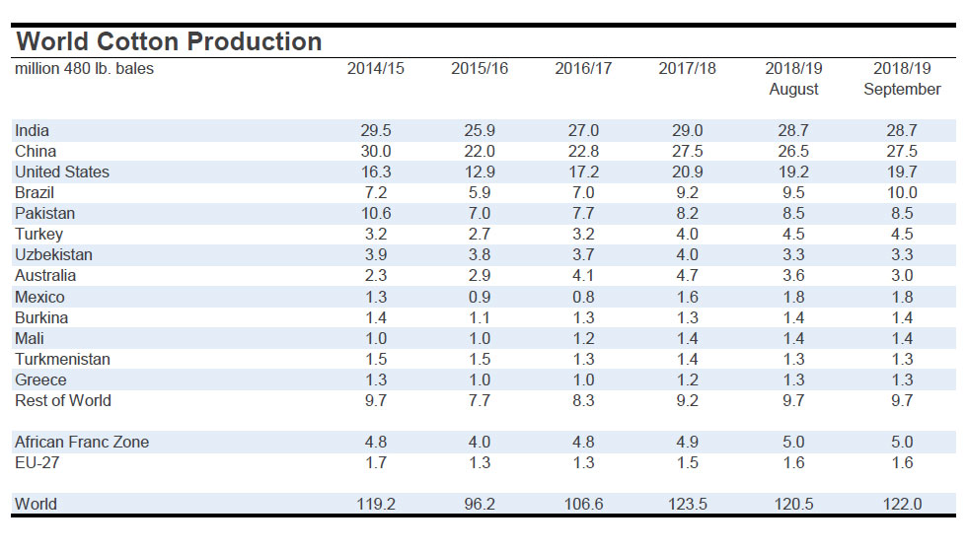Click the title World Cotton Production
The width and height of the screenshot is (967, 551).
tap(169, 41)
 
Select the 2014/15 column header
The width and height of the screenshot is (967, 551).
tap(375, 69)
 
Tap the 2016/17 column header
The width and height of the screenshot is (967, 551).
tap(583, 69)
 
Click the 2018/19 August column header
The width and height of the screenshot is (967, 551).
tap(793, 79)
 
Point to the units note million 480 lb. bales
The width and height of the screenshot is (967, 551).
tap(84, 69)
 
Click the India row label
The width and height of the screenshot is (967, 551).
tap(33, 130)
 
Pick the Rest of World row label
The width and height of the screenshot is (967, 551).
tap(63, 400)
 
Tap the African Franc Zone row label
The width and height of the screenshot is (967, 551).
tap(82, 442)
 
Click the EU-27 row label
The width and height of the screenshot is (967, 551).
tap(37, 462)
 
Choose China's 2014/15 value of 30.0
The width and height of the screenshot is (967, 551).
tap(375, 151)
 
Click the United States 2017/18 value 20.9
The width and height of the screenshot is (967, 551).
tap(687, 172)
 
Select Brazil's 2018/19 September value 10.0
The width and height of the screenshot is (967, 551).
tap(901, 192)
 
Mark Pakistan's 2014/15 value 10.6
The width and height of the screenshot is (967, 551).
tap(375, 213)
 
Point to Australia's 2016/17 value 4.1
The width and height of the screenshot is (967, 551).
tap(583, 275)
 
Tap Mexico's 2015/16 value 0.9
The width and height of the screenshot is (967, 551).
tap(479, 297)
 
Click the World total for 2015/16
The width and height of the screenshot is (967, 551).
tap(479, 504)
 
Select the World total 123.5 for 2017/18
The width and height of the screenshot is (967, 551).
tap(687, 504)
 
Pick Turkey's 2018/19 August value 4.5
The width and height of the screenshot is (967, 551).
tap(793, 234)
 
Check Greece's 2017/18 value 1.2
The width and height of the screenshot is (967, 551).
tap(687, 379)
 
